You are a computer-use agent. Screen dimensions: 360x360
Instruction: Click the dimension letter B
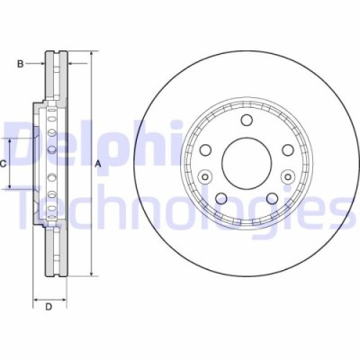coord(19,63)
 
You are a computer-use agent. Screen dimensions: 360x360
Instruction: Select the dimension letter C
coord(4,163)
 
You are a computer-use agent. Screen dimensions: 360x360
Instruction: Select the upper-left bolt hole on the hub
coord(205,150)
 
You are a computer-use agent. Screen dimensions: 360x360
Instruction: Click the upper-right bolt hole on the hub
coord(288,150)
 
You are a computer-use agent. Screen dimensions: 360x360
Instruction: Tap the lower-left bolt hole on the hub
coord(220,197)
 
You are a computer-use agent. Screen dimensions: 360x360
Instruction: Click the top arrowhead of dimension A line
coord(92,56)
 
